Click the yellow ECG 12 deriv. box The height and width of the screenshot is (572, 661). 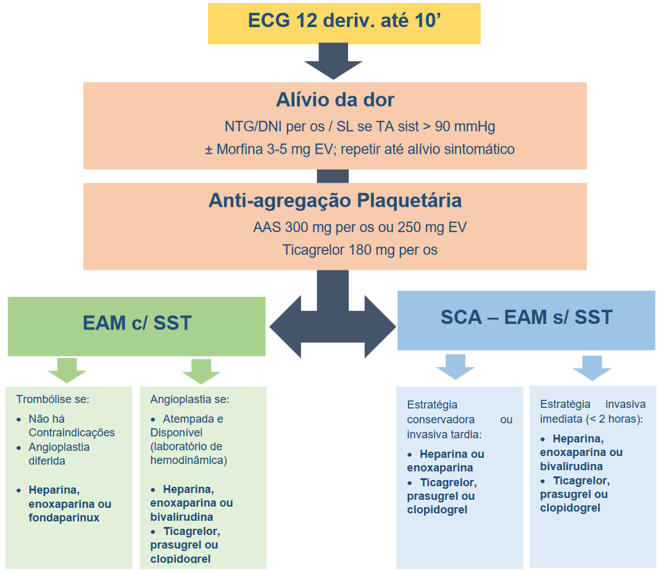(344, 23)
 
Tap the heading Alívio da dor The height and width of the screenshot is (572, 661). (335, 100)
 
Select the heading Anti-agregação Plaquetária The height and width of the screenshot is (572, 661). (335, 201)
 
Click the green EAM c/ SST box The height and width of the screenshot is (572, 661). (136, 326)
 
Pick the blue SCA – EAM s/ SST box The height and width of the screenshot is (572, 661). (526, 320)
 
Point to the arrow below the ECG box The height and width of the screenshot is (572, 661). (333, 61)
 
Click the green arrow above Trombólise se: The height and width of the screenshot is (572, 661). (67, 370)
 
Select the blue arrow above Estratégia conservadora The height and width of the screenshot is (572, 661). (455, 367)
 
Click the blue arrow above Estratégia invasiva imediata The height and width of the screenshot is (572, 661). (592, 368)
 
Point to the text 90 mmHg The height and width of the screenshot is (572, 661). (465, 126)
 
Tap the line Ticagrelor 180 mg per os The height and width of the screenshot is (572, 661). (360, 250)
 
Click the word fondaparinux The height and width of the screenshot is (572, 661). (64, 518)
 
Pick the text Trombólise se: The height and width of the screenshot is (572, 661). (52, 399)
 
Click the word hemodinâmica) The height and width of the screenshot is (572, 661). (188, 460)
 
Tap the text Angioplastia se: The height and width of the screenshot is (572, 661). (189, 399)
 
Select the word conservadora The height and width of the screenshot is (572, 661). (441, 420)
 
